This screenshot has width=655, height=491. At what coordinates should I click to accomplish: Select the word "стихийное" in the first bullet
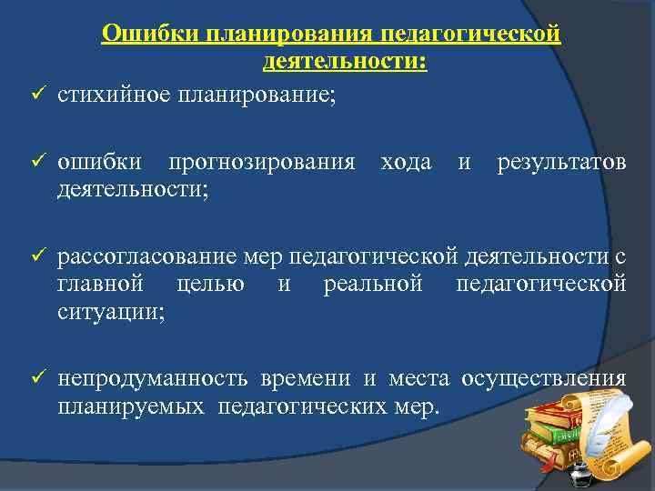coord(114,95)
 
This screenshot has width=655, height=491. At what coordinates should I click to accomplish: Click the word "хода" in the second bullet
coord(406,163)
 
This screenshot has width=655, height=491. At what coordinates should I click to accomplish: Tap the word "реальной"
coord(373,285)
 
